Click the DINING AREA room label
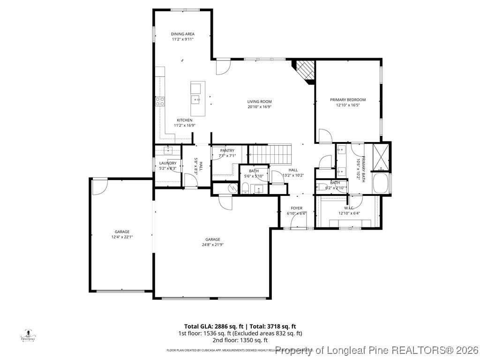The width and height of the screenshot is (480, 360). pos(182,34)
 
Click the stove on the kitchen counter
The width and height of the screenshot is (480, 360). pos(160,101)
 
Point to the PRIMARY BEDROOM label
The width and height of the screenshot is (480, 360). pos(348,100)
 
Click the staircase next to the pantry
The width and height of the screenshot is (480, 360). pos(270,152)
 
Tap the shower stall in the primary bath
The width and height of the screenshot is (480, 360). pos(381,157)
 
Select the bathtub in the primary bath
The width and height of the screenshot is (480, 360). pos(381,183)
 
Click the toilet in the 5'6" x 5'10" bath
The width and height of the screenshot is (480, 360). pos(245,188)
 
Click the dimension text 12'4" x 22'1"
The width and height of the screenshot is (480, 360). pos(122,237)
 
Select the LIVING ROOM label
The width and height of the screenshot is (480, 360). pos(259,102)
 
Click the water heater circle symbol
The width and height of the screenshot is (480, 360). pos(232,188)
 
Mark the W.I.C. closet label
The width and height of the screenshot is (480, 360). pos(348,208)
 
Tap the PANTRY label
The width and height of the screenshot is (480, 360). pos(227,150)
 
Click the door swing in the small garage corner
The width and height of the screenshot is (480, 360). pos(99,186)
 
